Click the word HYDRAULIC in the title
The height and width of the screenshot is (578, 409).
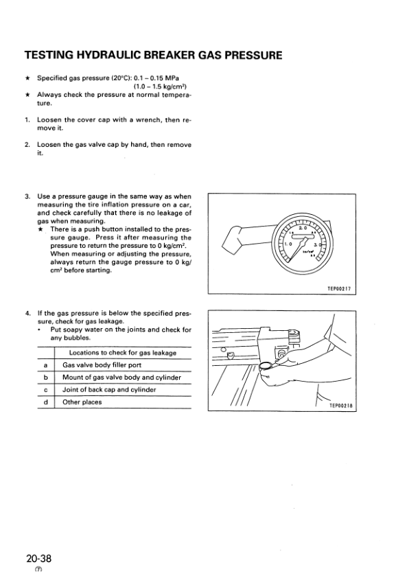pyautogui.click(x=108, y=56)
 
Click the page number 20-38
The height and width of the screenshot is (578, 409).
pyautogui.click(x=38, y=558)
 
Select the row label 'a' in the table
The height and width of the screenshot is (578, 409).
pyautogui.click(x=46, y=365)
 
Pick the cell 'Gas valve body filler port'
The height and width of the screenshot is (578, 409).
pyautogui.click(x=102, y=365)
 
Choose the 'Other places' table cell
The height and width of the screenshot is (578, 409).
pyautogui.click(x=82, y=402)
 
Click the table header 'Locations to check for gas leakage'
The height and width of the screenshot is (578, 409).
pyautogui.click(x=123, y=353)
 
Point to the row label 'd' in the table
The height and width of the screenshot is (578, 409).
pyautogui.click(x=46, y=402)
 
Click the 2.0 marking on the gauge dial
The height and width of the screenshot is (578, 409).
pyautogui.click(x=303, y=229)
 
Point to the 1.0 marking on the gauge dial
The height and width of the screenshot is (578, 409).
pyautogui.click(x=288, y=244)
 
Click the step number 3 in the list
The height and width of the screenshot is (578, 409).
pyautogui.click(x=27, y=196)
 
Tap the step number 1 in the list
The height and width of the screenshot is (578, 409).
pyautogui.click(x=27, y=120)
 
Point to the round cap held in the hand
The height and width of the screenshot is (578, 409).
pyautogui.click(x=267, y=367)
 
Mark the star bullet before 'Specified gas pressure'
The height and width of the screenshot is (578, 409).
pyautogui.click(x=27, y=78)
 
